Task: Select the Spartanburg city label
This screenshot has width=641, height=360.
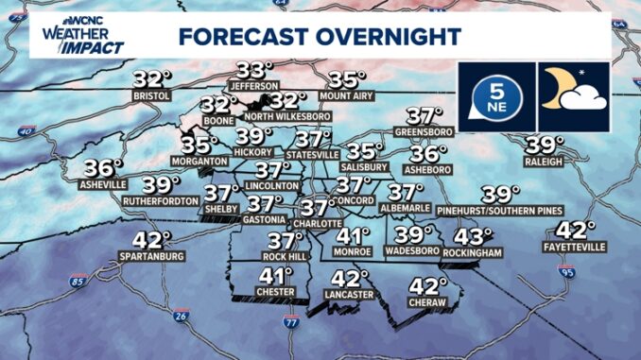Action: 151,256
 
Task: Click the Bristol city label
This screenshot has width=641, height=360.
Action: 152,96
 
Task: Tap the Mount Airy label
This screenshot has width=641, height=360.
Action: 346,96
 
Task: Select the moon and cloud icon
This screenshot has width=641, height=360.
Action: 573,95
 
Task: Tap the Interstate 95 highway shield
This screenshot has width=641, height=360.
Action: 566,273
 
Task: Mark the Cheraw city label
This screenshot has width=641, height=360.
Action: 428,304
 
